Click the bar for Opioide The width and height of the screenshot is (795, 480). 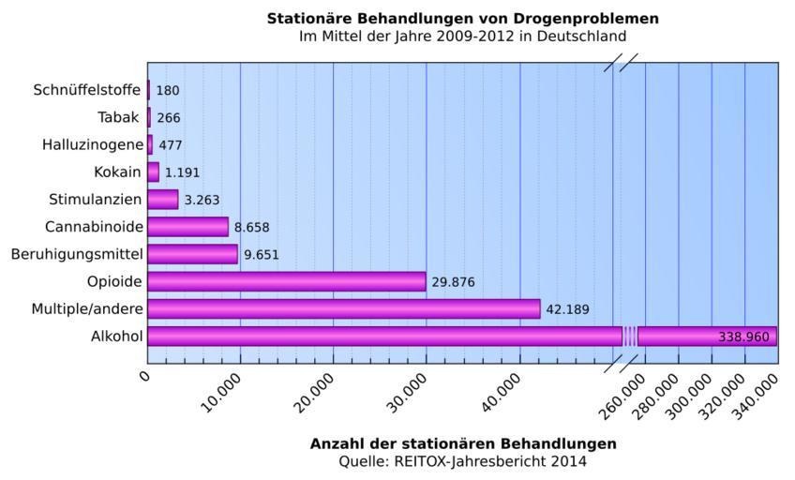tap(286, 281)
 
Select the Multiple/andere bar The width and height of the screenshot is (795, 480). tap(343, 308)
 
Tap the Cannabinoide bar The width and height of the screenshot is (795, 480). tap(187, 227)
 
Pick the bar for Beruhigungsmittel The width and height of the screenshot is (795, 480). tap(192, 254)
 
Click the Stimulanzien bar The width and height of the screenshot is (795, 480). tap(162, 200)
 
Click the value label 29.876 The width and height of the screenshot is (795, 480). tap(455, 282)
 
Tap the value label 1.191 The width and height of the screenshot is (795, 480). tap(182, 173)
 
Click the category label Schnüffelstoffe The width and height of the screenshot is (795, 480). tap(87, 91)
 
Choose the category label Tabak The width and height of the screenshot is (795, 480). tap(119, 118)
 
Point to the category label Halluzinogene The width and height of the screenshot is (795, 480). tap(93, 145)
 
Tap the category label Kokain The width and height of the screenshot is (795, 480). tap(117, 172)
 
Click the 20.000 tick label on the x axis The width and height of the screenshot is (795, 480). tap(314, 394)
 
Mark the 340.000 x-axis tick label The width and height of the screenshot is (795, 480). tap(755, 395)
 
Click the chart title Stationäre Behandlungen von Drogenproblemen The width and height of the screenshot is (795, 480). tap(462, 19)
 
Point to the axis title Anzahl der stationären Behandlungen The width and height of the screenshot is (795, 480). tap(463, 443)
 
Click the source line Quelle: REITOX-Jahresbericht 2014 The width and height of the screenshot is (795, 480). tap(463, 461)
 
